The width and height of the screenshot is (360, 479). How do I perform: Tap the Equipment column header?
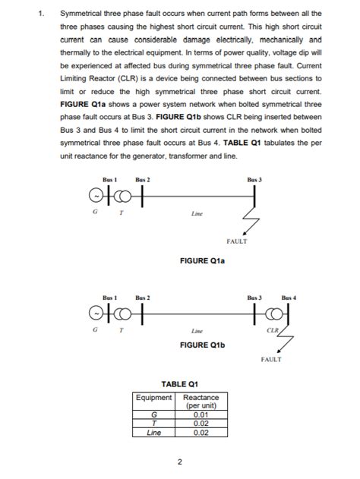pos(154,397)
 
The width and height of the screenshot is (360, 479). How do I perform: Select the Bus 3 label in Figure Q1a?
pos(254,179)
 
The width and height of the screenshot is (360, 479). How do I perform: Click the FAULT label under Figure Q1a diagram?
pos(237,242)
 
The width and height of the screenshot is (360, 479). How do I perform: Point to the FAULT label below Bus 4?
pos(270,359)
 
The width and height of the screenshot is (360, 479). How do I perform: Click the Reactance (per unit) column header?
pos(201,402)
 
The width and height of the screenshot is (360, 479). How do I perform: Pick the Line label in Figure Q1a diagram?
pos(197,215)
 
